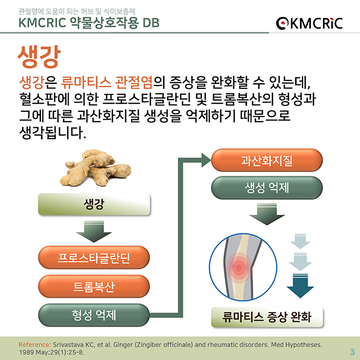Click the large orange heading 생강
[39, 56]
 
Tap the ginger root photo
[94, 169]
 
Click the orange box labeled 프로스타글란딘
[94, 259]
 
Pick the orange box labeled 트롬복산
[94, 286]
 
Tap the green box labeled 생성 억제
[267, 188]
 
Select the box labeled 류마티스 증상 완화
[267, 316]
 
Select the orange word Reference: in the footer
[35, 343]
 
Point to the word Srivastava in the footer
[70, 343]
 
